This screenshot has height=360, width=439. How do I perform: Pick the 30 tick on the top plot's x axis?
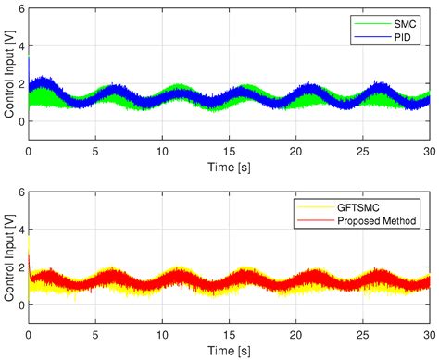[x=428, y=150]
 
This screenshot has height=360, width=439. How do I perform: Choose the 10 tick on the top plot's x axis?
[x=162, y=150]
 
